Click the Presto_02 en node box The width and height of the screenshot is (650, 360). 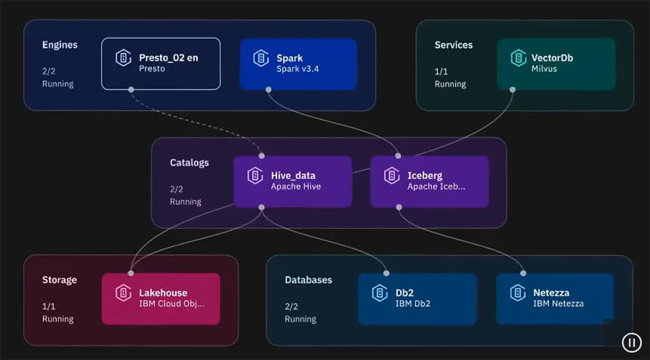161,64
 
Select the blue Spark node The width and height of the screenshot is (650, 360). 298,64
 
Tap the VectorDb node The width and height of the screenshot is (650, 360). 554,64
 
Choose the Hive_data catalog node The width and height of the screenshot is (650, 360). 292,181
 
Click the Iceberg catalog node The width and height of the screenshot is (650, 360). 429,181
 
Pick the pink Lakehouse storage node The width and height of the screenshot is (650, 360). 161,299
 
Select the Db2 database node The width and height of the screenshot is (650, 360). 417,299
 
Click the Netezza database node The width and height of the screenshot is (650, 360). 554,299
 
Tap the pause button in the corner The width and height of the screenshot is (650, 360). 631,343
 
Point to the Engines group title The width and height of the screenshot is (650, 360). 60,45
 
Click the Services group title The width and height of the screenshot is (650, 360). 454,45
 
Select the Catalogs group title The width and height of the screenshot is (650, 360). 189,162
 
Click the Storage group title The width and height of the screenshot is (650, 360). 59,280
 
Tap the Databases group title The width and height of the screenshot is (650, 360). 308,280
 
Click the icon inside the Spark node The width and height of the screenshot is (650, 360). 261,58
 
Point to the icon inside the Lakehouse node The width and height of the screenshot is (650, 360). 123,293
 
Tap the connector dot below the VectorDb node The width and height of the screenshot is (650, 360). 513,89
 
